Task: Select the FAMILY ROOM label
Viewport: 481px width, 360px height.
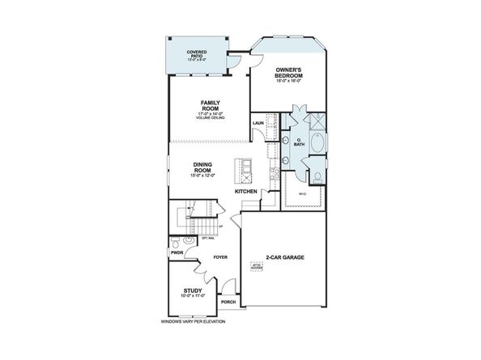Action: (211, 105)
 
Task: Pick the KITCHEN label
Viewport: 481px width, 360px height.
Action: (246, 191)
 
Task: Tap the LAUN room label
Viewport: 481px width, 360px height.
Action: (258, 123)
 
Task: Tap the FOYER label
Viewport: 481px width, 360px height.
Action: (221, 257)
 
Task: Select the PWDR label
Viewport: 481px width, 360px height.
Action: (177, 252)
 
